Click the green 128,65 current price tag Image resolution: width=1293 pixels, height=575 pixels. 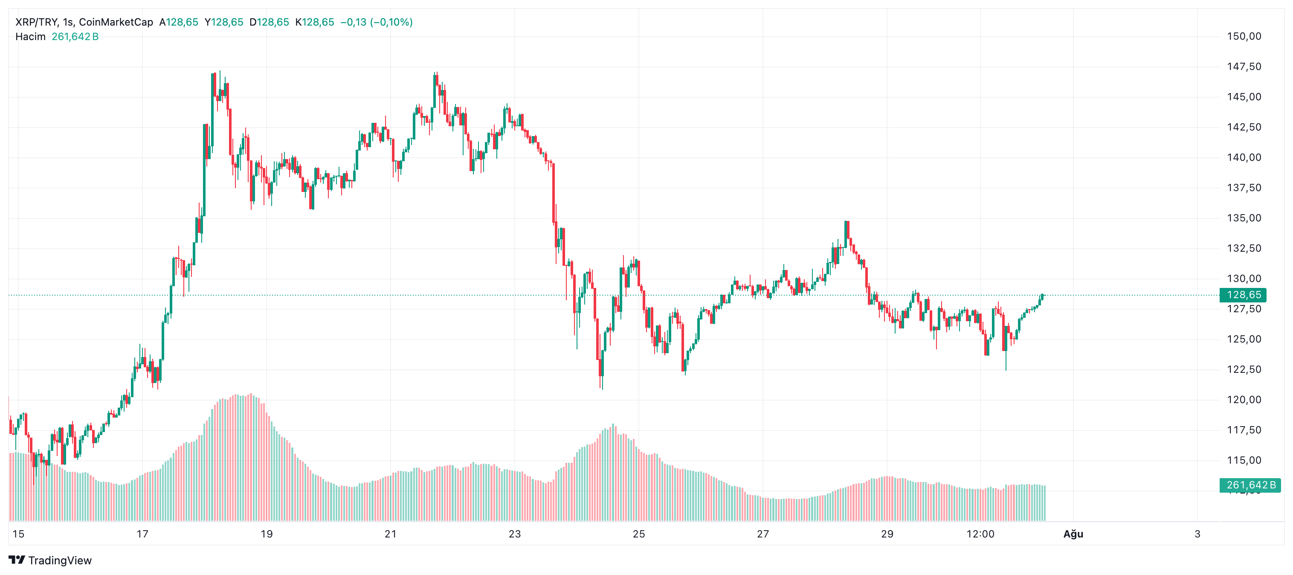click(x=1243, y=295)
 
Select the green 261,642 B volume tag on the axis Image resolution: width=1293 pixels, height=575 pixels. click(x=1250, y=485)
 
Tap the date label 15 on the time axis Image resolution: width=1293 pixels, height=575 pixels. click(x=19, y=534)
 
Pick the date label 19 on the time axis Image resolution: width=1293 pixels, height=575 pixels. click(x=267, y=534)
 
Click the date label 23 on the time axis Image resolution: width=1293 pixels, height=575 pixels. click(x=514, y=534)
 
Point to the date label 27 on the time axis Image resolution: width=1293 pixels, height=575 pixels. click(x=763, y=534)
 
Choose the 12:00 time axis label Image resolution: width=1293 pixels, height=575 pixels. click(x=980, y=534)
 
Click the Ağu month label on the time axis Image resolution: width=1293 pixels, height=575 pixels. click(x=1073, y=534)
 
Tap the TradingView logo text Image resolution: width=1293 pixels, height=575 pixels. click(x=60, y=560)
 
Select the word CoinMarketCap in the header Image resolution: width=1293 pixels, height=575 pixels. click(x=116, y=22)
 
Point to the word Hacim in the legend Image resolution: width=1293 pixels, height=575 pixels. click(x=30, y=37)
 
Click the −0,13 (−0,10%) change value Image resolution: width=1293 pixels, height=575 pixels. click(x=377, y=22)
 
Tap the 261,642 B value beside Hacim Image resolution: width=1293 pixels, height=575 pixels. click(x=75, y=37)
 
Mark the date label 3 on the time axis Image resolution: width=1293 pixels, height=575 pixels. click(x=1197, y=534)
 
